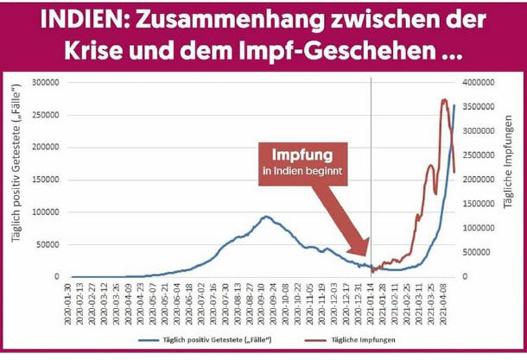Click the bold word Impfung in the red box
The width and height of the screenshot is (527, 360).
[302, 156]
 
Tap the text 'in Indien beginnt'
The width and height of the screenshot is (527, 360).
[302, 172]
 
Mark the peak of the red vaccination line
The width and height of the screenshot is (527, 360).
[444, 99]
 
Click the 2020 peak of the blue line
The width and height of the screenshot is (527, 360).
[267, 217]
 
